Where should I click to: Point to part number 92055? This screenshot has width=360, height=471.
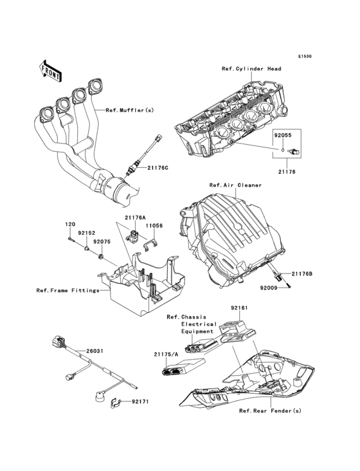(283, 136)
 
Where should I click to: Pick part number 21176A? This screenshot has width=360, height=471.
(136, 217)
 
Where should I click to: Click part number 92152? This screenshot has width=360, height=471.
(87, 234)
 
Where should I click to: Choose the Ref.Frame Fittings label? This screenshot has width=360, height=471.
(67, 290)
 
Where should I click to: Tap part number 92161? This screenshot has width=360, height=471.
(239, 308)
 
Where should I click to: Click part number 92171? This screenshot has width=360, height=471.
(141, 402)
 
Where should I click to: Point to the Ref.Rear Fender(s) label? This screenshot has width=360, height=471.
(269, 411)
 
